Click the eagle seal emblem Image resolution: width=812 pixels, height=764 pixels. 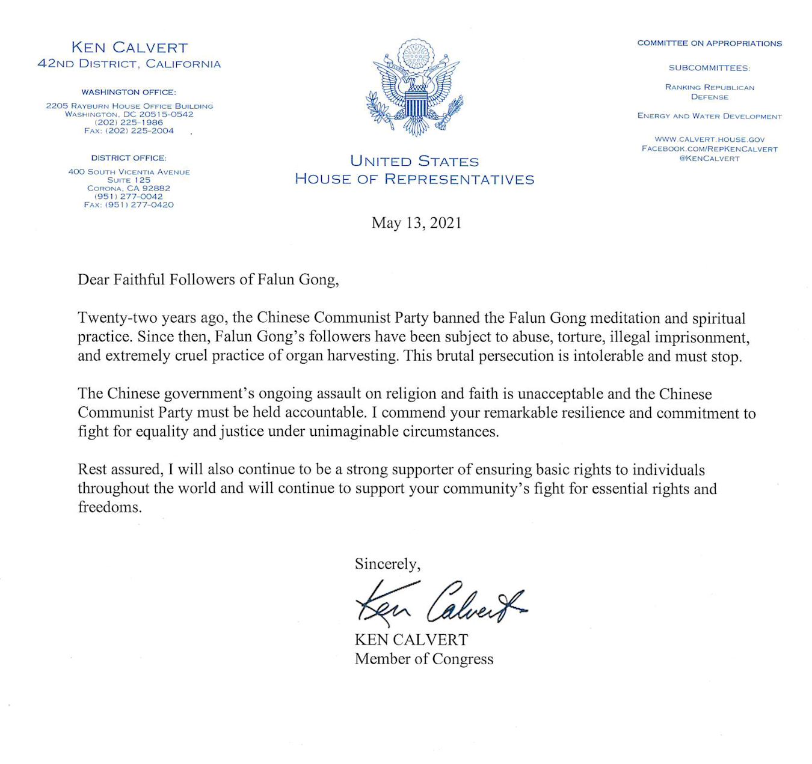[414, 87]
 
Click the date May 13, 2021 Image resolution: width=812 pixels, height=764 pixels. [416, 223]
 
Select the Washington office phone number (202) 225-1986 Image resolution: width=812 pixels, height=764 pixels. [129, 122]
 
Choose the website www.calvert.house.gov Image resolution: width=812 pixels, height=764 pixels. [709, 139]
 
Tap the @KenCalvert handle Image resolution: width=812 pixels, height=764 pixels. [709, 158]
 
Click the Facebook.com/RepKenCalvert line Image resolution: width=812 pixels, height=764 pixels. [709, 148]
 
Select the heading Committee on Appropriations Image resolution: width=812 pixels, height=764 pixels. [709, 43]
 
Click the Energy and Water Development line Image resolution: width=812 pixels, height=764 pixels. [709, 116]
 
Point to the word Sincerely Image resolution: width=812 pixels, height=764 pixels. [387, 564]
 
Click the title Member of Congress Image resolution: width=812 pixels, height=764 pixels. [423, 659]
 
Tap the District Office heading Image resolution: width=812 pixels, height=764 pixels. [129, 157]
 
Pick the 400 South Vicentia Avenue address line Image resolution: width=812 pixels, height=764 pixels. [129, 172]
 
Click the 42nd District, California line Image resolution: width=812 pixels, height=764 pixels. [129, 64]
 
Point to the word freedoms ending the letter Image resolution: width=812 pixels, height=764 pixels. [109, 507]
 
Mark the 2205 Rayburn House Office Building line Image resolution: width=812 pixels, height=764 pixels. [129, 106]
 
